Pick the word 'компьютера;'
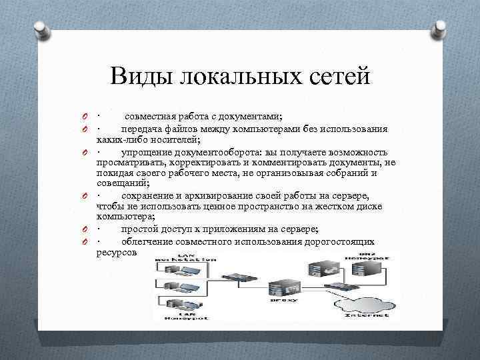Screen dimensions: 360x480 (126, 217)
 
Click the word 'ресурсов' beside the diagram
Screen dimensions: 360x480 (117, 253)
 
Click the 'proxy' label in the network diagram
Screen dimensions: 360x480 (279, 300)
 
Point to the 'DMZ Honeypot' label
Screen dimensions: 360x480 (368, 256)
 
